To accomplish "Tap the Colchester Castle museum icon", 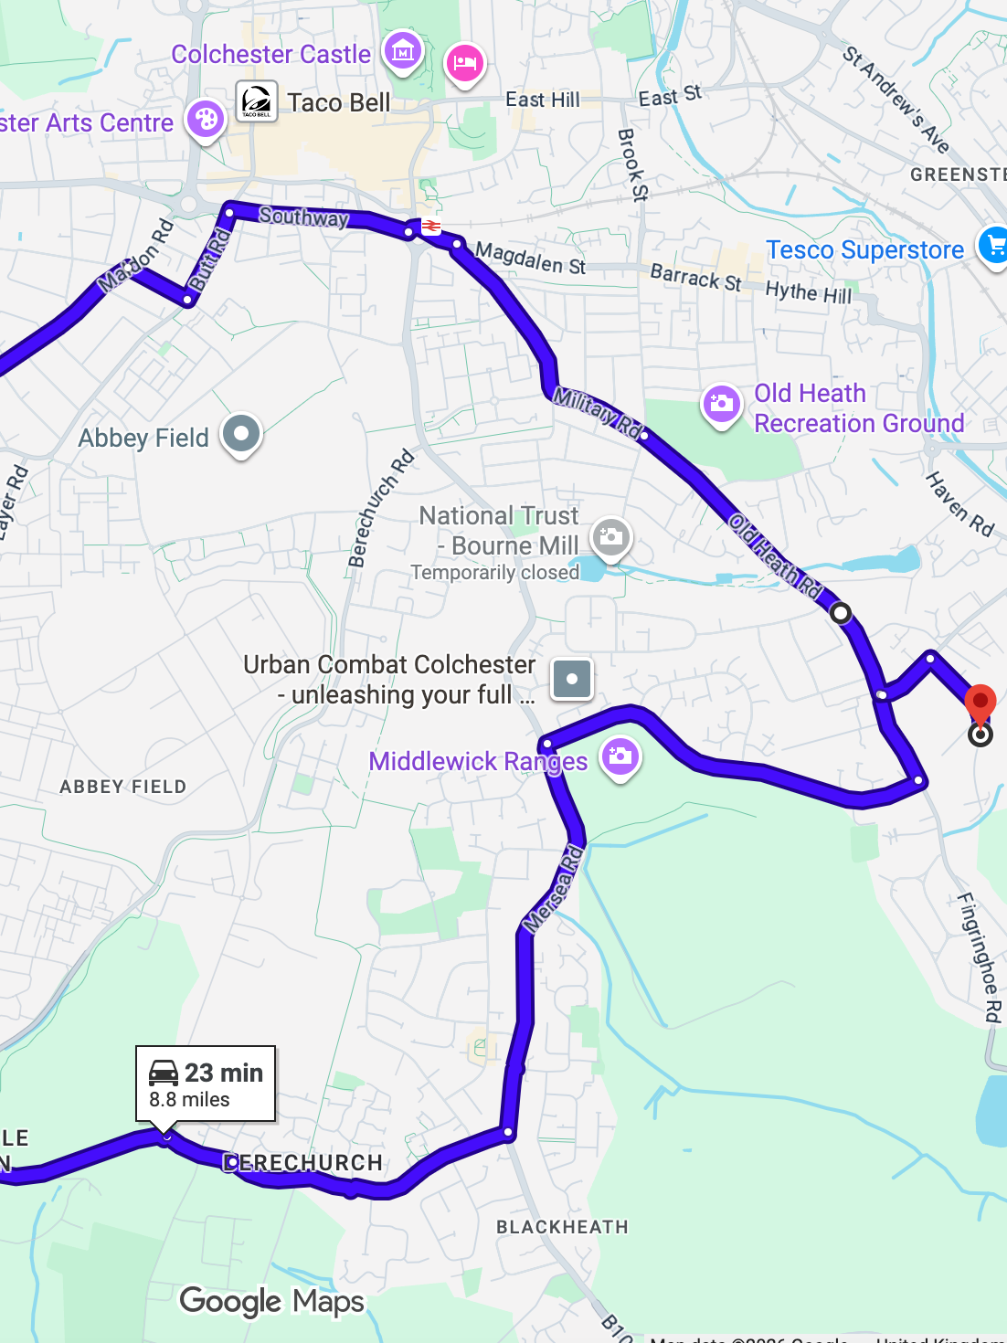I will tap(403, 51).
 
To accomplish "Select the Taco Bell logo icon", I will tap(257, 100).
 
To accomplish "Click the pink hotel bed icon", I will tap(464, 63).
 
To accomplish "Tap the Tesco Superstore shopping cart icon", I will tap(994, 245).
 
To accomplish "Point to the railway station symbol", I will tap(430, 226).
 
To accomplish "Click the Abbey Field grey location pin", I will tap(242, 434).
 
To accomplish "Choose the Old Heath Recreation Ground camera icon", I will tap(722, 403).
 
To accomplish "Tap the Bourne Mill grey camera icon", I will tap(611, 537).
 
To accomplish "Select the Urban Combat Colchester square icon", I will tap(572, 679).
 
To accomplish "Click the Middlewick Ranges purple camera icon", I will tap(620, 756).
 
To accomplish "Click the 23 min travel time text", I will tap(224, 1073).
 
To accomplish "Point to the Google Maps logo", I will tap(271, 1301).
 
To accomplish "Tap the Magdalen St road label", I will tap(531, 259).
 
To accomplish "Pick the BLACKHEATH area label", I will tap(562, 1227).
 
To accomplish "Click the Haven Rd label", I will tap(959, 503).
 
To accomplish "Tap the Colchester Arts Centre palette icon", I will tap(206, 119).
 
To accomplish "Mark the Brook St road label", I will tap(632, 164).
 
